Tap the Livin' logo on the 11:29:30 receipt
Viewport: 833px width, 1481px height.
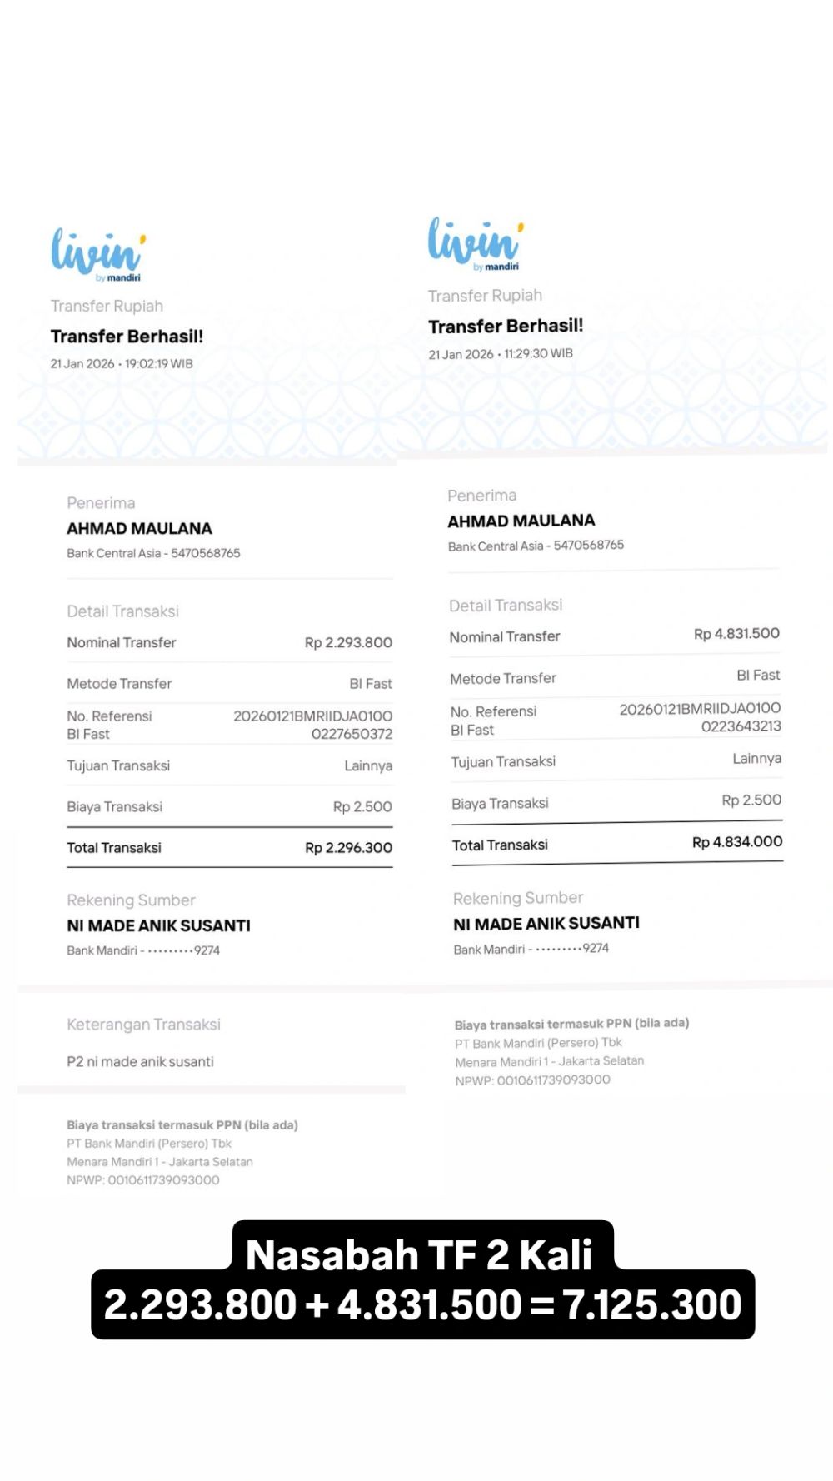476,242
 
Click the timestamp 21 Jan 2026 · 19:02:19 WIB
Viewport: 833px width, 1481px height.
122,364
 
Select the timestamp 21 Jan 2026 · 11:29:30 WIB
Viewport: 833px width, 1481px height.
501,354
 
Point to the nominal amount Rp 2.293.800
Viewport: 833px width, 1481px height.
348,643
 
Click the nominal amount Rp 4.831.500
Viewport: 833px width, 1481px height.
736,634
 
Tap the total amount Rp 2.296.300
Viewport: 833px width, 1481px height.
348,848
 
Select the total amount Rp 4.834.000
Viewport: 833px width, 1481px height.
737,842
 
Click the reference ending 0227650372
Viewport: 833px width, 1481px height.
352,734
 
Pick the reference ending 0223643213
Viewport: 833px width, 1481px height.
741,726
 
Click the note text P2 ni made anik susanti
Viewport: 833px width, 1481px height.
140,1062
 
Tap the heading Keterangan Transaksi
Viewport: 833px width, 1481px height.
143,1025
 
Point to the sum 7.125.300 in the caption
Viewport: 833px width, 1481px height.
652,1304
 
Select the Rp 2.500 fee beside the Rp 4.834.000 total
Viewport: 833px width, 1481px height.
751,800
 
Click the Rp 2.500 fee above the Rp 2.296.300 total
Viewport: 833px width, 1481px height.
362,807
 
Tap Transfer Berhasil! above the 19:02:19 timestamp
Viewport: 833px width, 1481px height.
127,337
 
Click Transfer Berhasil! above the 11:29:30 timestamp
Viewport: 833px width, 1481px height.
506,327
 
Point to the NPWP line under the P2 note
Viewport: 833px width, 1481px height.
143,1180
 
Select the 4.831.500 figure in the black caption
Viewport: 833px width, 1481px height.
429,1304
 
